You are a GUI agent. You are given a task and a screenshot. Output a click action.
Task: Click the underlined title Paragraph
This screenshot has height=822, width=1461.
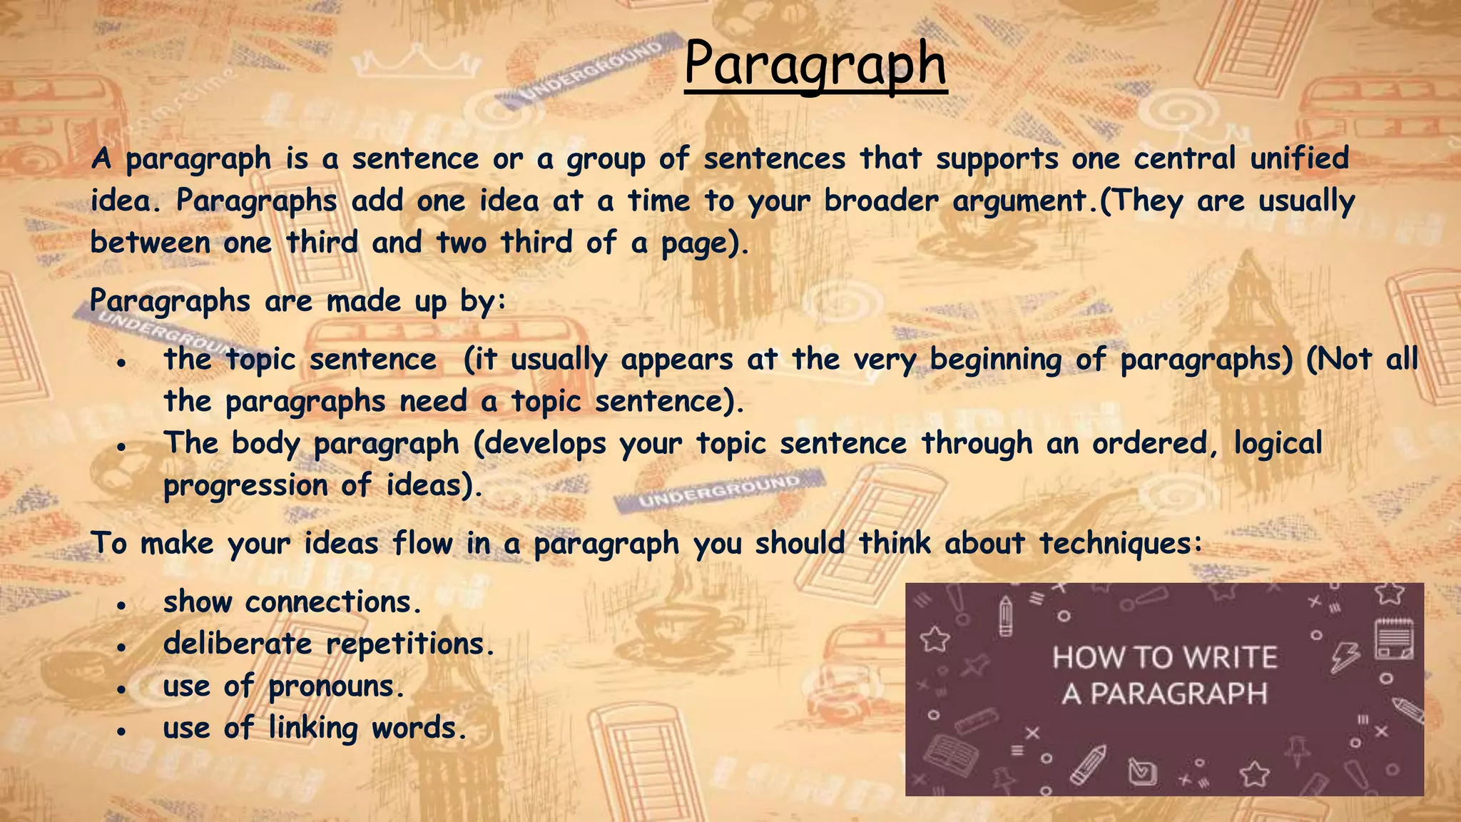(815, 64)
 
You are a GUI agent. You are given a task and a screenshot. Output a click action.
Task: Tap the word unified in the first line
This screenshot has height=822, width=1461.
(1299, 158)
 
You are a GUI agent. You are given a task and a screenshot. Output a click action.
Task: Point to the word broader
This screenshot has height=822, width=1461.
(881, 201)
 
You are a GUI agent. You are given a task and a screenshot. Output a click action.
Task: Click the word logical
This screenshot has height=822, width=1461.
(1278, 444)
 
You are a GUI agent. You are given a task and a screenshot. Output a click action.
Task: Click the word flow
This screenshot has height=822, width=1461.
(423, 544)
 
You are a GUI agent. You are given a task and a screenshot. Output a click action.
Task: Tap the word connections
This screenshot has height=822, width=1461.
(329, 602)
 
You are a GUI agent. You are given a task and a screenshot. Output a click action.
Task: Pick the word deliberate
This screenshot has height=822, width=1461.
(238, 644)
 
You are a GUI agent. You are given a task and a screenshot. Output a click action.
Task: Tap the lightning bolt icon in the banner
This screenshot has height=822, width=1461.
(1345, 656)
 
